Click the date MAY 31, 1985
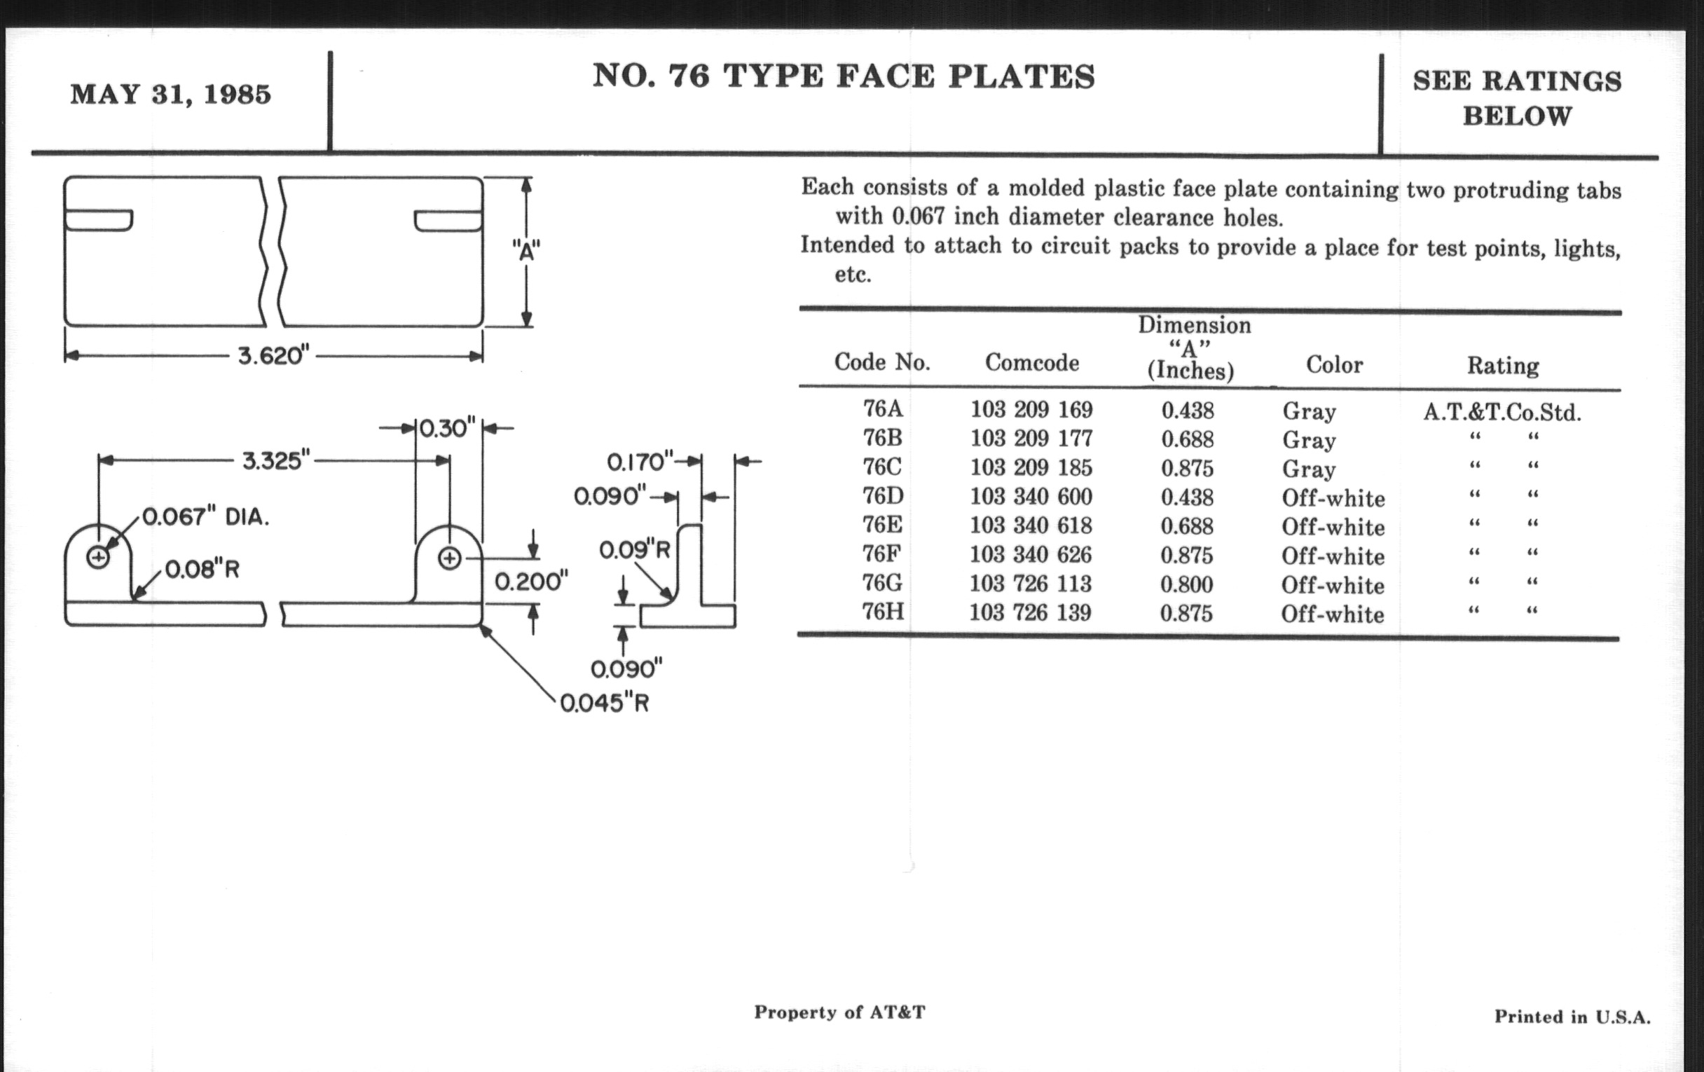[170, 95]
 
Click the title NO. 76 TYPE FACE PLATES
[844, 76]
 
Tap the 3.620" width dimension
[275, 355]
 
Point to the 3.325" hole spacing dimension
[276, 460]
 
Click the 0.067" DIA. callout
[206, 517]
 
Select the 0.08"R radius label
[202, 569]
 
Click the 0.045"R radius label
[605, 703]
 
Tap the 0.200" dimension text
[530, 582]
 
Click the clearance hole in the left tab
[97, 558]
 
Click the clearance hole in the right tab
[449, 558]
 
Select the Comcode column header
[1032, 363]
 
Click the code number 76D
[882, 496]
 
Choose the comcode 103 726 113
[1031, 584]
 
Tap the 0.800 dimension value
[1187, 584]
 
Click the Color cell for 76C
[1308, 469]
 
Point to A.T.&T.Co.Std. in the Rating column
[1502, 412]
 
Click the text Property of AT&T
[839, 1012]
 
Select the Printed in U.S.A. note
[1572, 1017]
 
